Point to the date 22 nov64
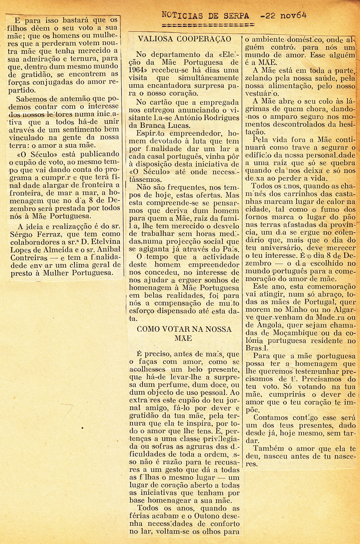pos(284,16)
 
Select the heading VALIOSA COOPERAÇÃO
pos(184,39)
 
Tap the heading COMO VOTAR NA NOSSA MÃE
pos(184,333)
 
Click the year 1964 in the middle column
pos(139,70)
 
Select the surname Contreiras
pos(29,258)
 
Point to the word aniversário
pos(276,248)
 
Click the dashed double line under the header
pos(208,25)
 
